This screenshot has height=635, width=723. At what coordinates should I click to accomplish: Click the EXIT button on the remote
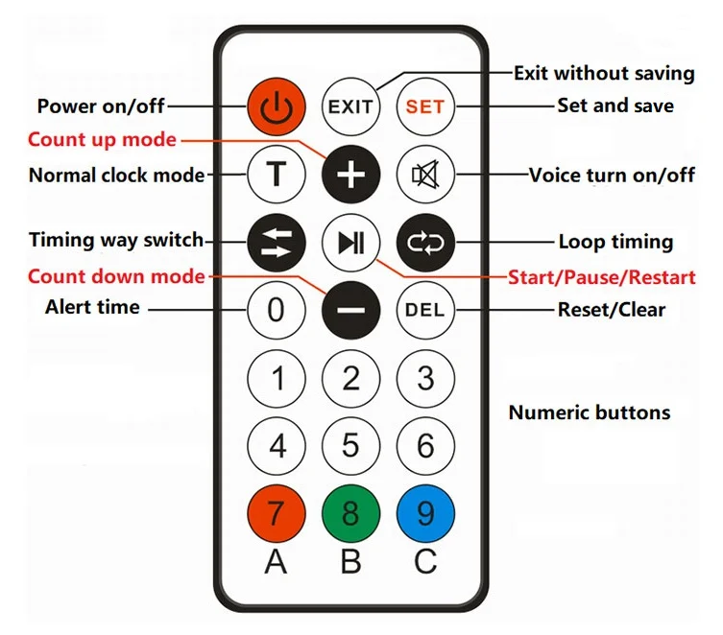click(350, 106)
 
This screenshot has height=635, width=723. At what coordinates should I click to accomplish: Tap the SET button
click(424, 106)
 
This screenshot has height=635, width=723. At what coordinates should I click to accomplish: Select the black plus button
click(350, 175)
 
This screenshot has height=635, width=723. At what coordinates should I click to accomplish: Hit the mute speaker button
click(424, 175)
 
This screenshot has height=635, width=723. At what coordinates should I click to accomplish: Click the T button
click(277, 175)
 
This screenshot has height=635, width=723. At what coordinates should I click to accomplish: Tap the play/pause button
click(350, 241)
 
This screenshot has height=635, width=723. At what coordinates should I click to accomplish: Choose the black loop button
click(424, 241)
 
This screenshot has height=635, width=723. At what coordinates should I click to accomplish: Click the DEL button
click(424, 310)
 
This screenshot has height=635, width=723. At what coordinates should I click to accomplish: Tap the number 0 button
click(277, 310)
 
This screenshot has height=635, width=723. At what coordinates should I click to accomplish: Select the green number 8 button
click(350, 513)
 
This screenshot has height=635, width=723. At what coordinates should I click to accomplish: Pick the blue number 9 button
click(424, 513)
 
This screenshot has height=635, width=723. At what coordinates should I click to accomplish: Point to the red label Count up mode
click(102, 140)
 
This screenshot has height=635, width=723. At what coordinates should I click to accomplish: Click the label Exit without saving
click(603, 73)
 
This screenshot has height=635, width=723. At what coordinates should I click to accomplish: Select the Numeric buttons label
click(589, 413)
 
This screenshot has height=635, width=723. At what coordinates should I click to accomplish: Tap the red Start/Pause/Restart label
click(601, 278)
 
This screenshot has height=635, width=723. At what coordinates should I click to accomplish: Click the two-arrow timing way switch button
click(277, 241)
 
